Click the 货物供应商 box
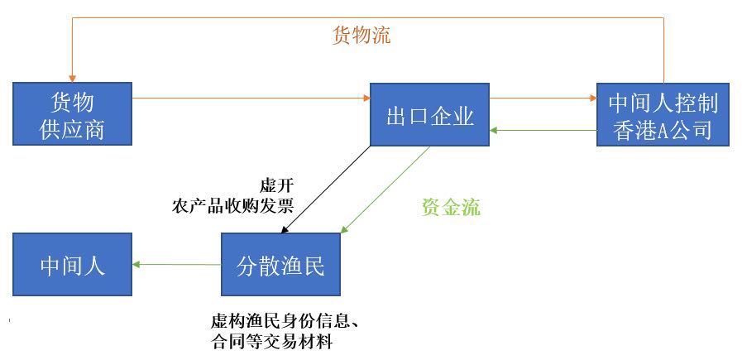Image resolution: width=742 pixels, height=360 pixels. tap(72, 113)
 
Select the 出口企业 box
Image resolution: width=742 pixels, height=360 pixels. tap(429, 115)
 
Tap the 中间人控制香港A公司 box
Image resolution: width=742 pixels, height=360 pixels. tap(663, 115)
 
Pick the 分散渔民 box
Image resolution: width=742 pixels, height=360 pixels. tap(280, 264)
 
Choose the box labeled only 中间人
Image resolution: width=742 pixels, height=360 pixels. tap(72, 264)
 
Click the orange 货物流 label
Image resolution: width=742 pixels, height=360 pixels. tap(361, 35)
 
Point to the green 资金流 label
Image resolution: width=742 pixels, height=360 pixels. tap(451, 207)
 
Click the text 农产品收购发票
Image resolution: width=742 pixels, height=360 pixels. tap(232, 206)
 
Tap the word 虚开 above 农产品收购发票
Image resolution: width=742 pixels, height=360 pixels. tap(277, 185)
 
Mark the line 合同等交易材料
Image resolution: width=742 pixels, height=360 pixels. tap(271, 342)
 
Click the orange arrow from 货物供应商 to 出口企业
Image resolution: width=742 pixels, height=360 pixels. tap(251, 98)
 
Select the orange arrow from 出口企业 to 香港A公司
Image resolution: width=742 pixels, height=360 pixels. tap(543, 98)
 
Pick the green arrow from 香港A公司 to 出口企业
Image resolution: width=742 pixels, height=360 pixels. tap(543, 130)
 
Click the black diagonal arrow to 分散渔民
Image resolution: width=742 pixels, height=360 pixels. tap(326, 190)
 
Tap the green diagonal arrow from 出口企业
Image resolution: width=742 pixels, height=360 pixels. tap(385, 190)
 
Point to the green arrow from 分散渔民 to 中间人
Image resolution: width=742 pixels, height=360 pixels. tap(176, 264)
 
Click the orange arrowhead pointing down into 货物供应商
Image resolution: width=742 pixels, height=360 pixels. tap(72, 79)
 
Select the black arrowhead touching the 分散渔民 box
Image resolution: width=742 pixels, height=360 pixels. tap(284, 230)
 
